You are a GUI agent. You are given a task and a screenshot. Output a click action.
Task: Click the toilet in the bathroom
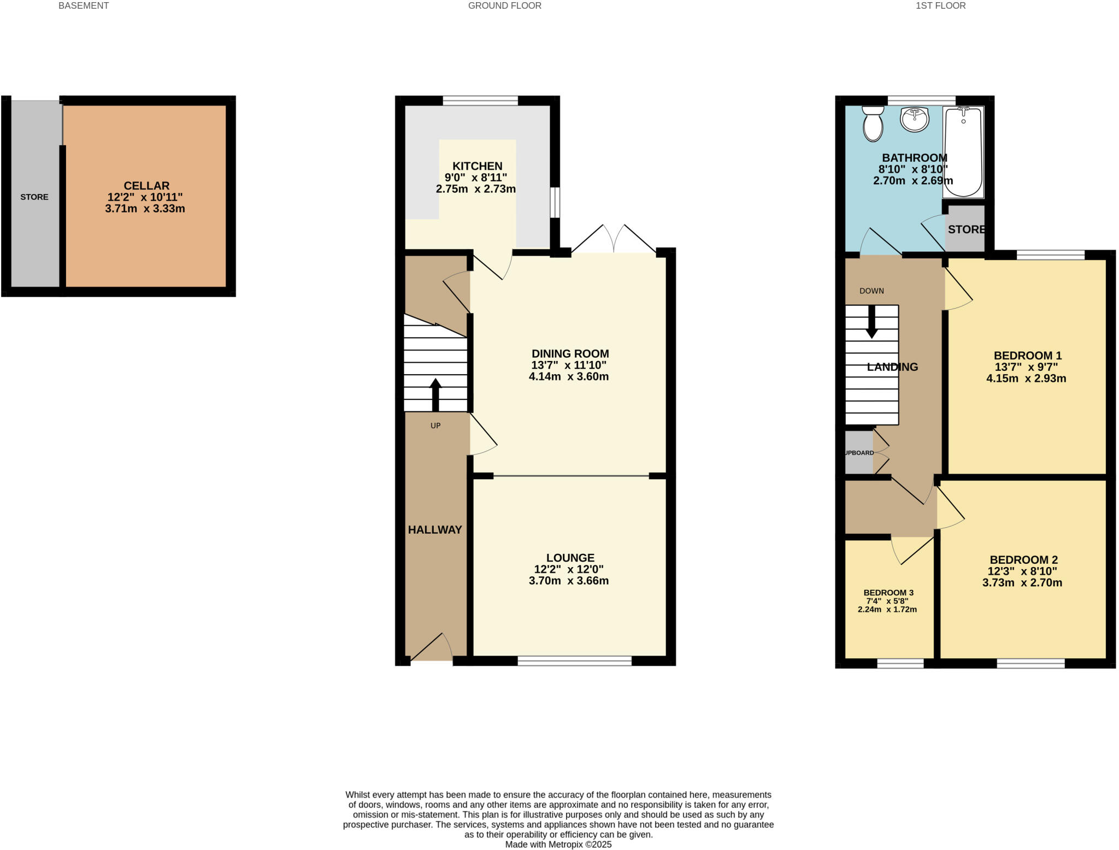pyautogui.click(x=873, y=123)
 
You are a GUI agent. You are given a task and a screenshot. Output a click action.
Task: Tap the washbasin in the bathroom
pyautogui.click(x=914, y=120)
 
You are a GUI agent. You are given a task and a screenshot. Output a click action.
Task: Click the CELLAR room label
pyautogui.click(x=146, y=186)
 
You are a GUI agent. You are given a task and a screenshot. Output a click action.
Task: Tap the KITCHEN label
pyautogui.click(x=477, y=166)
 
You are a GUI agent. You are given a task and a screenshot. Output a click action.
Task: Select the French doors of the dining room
pyautogui.click(x=614, y=240)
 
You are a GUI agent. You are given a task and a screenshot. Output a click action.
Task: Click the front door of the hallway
pyautogui.click(x=432, y=650)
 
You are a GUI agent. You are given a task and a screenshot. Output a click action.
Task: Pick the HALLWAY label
pyautogui.click(x=435, y=529)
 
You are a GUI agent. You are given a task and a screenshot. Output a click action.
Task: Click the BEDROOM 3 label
pyautogui.click(x=888, y=593)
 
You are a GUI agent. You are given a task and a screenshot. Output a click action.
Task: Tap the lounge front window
pyautogui.click(x=574, y=661)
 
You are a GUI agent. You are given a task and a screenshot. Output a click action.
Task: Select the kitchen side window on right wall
pyautogui.click(x=555, y=203)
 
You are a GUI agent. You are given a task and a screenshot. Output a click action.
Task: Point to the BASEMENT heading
pyautogui.click(x=84, y=5)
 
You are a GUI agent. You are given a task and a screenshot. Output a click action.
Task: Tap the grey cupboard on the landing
pyautogui.click(x=859, y=453)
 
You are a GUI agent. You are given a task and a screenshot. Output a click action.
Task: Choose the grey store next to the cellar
pyautogui.click(x=34, y=197)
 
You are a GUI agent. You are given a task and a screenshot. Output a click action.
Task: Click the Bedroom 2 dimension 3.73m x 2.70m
pyautogui.click(x=1022, y=583)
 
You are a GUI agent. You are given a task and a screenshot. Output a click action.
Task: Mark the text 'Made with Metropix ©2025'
pyautogui.click(x=558, y=845)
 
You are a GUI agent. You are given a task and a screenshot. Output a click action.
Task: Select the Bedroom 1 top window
pyautogui.click(x=1050, y=255)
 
